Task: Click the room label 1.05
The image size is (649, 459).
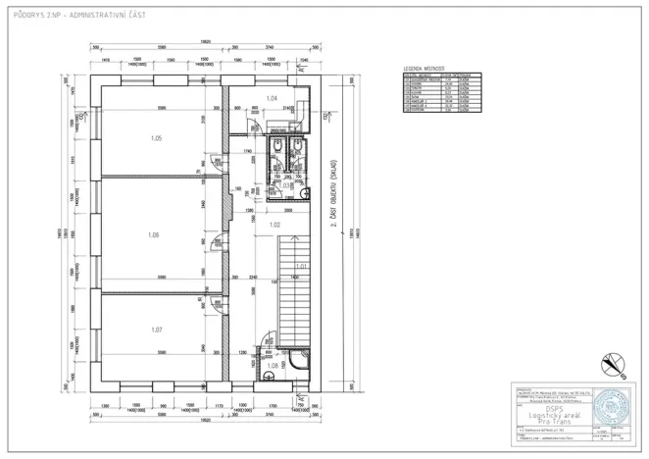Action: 156,138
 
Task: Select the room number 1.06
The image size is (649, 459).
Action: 153,234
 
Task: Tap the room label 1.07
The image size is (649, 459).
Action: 156,330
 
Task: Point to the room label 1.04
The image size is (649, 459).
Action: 273,99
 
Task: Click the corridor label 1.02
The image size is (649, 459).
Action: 275,226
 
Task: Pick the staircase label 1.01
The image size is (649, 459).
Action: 303,266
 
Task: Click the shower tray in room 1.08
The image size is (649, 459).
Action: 295,359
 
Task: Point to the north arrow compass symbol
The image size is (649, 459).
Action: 615,365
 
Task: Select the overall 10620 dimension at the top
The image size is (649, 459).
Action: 204,41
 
